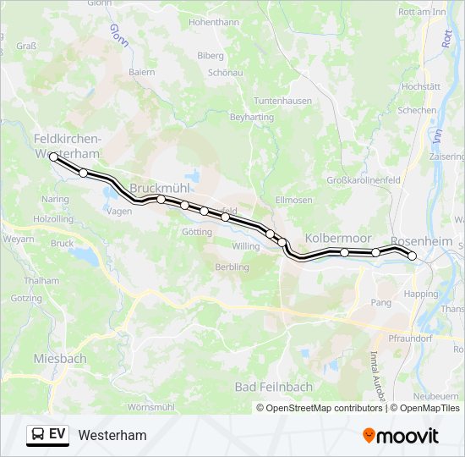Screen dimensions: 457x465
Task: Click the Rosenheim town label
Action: click(422, 242)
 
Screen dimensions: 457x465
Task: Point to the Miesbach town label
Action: click(60, 359)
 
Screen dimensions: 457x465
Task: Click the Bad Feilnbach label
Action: click(274, 387)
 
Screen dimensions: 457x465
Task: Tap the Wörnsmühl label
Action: click(152, 407)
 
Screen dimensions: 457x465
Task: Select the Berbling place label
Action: click(232, 267)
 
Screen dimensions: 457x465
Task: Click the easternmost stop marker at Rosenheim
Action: click(413, 256)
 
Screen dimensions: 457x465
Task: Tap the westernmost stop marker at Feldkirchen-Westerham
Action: click(53, 157)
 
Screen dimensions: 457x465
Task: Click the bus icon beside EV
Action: click(38, 435)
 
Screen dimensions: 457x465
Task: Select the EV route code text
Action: click(57, 435)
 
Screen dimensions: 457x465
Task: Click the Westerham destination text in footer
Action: click(112, 436)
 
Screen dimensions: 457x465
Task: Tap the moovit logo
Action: click(401, 436)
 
